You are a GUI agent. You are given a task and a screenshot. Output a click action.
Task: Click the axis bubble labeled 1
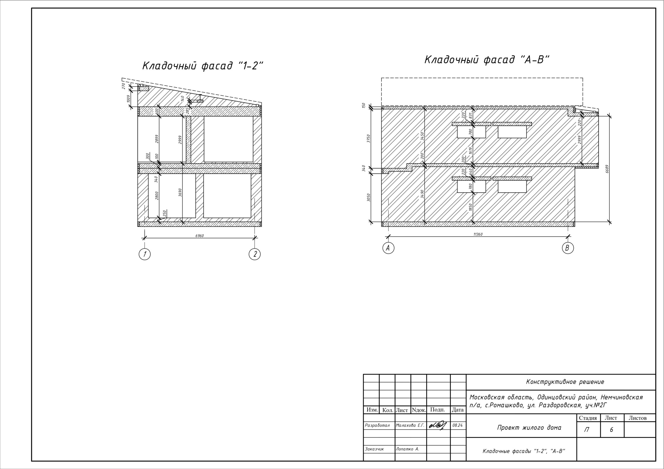144,254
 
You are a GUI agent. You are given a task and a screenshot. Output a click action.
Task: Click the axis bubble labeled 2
254,254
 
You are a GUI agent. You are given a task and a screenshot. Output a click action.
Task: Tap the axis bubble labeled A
388,248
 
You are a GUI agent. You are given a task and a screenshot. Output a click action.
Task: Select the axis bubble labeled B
568,248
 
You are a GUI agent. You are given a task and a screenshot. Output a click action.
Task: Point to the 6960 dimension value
199,236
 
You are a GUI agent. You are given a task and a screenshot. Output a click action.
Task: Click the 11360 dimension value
478,234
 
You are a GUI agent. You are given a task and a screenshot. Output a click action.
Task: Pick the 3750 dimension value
368,138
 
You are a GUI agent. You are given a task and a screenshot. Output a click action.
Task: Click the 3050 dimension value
368,198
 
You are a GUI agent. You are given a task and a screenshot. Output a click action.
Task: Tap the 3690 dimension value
180,193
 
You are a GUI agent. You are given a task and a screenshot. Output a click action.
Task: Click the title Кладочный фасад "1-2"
203,66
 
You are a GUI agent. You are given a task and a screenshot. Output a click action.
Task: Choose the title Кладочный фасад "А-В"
487,60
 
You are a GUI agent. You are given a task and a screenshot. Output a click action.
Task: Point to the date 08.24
457,426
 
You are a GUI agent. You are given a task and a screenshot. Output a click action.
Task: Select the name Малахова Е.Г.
410,425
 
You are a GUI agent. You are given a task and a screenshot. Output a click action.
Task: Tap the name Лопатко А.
407,449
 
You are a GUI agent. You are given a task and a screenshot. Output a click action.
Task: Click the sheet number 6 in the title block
611,430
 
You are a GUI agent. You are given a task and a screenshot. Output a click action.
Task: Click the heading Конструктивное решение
565,382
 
